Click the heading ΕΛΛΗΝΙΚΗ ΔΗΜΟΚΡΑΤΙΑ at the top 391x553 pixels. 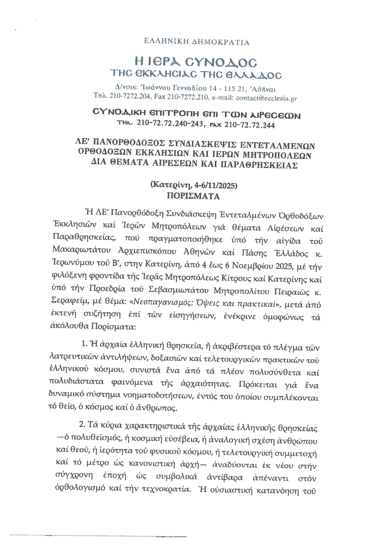point(196,42)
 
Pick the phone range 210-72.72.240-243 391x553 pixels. point(170,125)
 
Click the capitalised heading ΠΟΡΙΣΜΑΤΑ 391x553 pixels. point(193,196)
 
